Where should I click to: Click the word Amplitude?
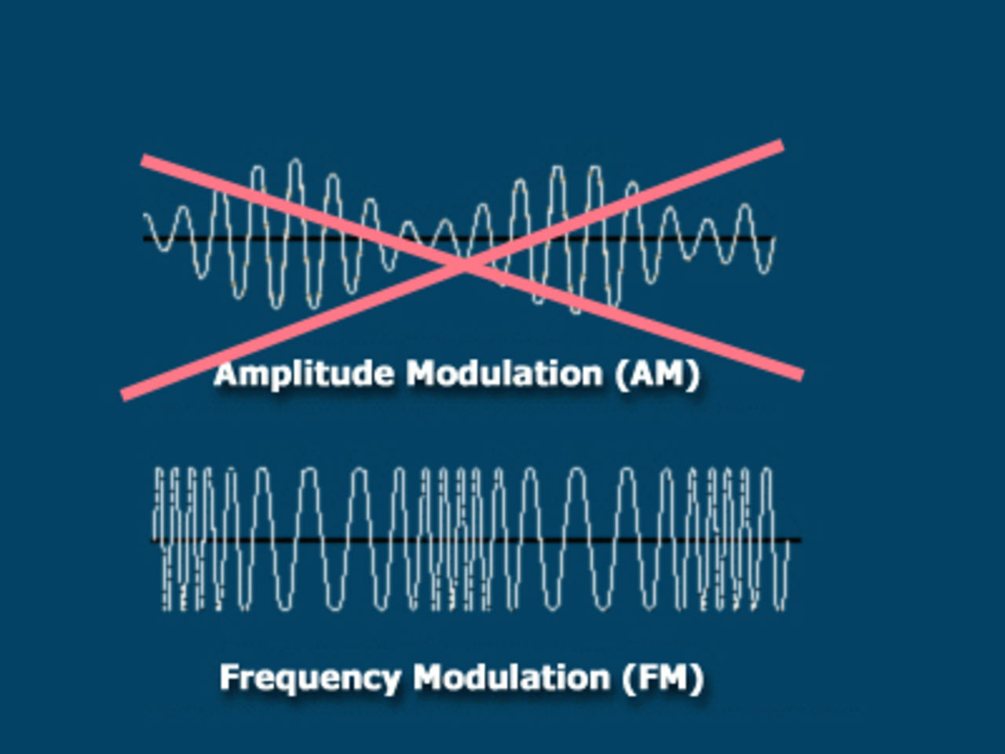tap(304, 375)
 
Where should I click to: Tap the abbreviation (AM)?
tap(658, 375)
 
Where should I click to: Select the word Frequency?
tap(311, 679)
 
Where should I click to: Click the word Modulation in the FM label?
tap(511, 677)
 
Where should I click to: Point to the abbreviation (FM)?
tap(663, 679)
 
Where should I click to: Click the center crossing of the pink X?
tap(463, 265)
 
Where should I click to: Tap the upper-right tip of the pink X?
tap(783, 145)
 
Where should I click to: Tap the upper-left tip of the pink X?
tap(143, 159)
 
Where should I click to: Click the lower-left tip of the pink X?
tap(123, 396)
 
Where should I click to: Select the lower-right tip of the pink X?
tap(802, 375)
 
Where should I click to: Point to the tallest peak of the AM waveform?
tap(295, 161)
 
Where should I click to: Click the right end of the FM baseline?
tap(801, 540)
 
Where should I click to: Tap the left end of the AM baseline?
tap(144, 239)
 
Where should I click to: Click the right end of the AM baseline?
tap(775, 239)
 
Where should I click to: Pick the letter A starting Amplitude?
tap(227, 374)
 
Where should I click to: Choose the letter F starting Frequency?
tap(229, 677)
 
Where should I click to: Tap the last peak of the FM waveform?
tap(766, 470)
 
